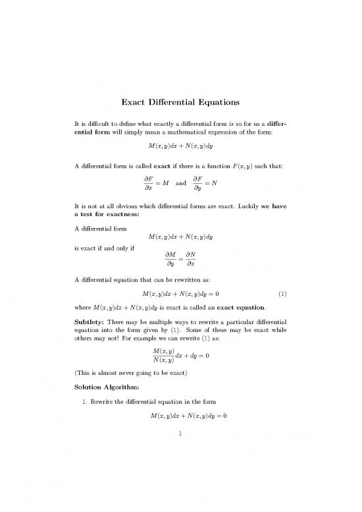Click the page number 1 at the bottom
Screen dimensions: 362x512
181,488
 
